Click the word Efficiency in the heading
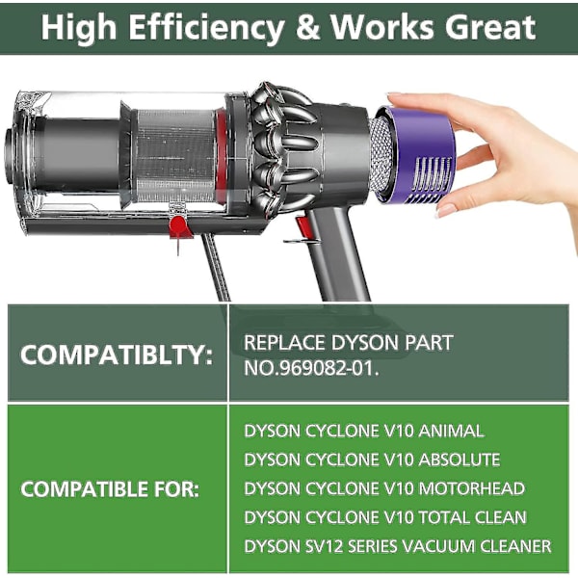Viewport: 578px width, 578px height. (x=206, y=28)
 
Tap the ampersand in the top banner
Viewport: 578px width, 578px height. (x=307, y=27)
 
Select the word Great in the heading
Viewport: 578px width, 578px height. (x=490, y=27)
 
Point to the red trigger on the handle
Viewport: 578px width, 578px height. (x=303, y=227)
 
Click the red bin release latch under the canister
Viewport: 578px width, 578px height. (x=179, y=226)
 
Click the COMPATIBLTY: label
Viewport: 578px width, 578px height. (x=117, y=355)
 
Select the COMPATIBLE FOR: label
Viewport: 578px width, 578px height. (x=110, y=490)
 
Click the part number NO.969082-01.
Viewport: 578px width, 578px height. (x=311, y=368)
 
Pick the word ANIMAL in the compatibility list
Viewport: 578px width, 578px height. (x=451, y=431)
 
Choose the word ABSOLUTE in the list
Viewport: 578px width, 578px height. (x=460, y=460)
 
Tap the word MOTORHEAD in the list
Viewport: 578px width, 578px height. (x=471, y=488)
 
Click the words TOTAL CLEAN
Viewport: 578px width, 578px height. (x=472, y=517)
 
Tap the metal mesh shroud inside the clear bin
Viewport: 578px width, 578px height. (x=175, y=156)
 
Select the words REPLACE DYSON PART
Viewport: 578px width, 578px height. (x=349, y=342)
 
